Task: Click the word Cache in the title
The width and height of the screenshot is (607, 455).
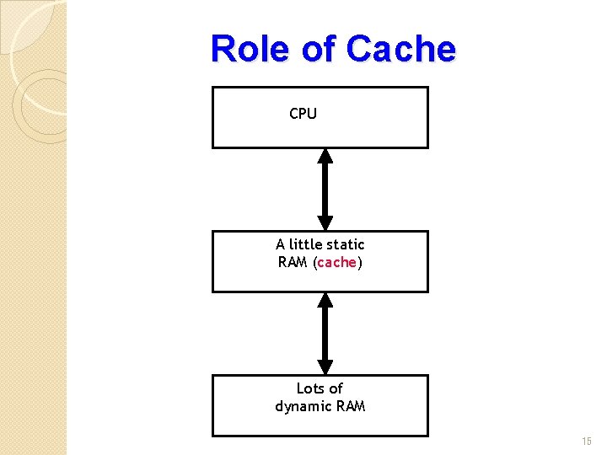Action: point(400,49)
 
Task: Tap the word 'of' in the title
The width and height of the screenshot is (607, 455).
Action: point(319,49)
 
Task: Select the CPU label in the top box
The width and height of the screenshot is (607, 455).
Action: point(303,114)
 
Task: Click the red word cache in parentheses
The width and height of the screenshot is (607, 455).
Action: point(337,262)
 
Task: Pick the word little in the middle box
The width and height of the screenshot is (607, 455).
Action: point(304,244)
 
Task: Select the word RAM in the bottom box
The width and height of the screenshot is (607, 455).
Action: point(351,406)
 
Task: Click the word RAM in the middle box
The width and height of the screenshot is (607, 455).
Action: point(293,262)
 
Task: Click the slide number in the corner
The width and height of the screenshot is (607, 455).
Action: point(587,442)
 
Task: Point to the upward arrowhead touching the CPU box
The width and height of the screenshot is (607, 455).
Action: point(325,156)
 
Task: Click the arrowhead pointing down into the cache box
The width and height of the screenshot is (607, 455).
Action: point(325,223)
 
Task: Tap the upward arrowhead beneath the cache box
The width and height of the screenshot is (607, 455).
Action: point(325,300)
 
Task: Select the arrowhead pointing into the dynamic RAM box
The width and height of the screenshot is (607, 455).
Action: point(325,367)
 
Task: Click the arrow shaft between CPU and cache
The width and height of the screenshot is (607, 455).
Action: point(325,190)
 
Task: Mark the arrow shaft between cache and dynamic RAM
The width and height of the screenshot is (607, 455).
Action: point(325,334)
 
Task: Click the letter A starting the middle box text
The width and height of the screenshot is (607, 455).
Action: point(280,244)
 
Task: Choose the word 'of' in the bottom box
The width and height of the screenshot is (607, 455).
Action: point(336,388)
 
